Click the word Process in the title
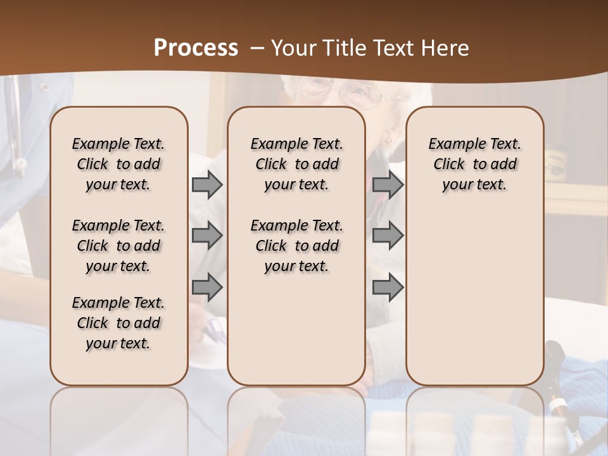[196, 48]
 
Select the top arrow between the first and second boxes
[207, 184]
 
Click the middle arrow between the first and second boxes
[207, 236]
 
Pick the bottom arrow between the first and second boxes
[207, 287]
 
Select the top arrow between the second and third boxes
[388, 184]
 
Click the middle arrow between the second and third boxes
[388, 236]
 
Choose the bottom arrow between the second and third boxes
[388, 287]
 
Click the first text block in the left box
[118, 164]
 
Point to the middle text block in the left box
[118, 246]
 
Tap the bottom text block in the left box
[118, 323]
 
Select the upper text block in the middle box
[296, 164]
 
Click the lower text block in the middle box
[296, 246]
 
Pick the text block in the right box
[474, 164]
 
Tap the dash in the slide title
[257, 48]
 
